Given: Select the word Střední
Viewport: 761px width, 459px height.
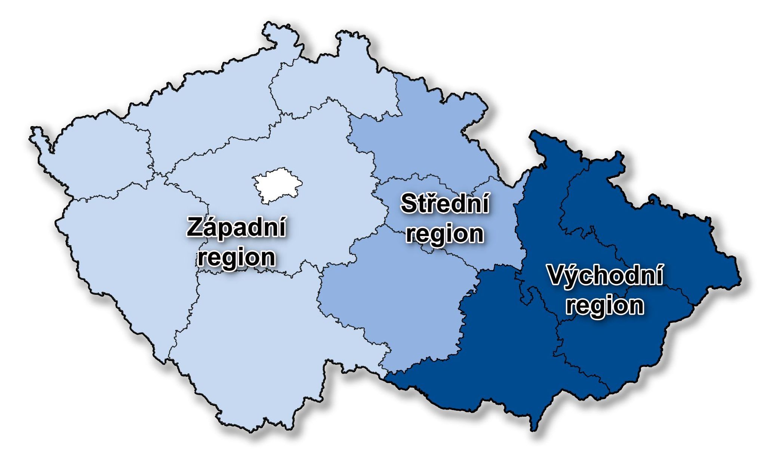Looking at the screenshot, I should (x=444, y=204).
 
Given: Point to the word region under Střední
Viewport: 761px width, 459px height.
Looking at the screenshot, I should (x=444, y=234).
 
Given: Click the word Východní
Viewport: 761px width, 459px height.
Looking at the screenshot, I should (x=605, y=276).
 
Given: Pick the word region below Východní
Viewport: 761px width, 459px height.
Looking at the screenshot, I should (x=605, y=305).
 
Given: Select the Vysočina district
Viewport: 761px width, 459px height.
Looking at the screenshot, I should (x=392, y=299).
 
